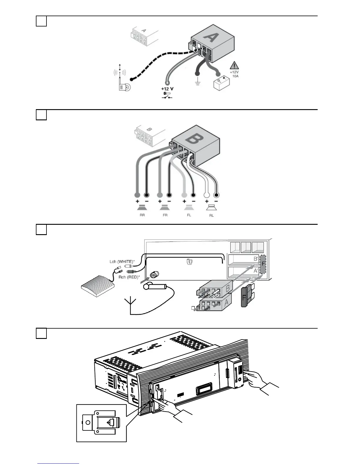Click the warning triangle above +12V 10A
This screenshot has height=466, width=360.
point(234,65)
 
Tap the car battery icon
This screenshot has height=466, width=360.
point(221,83)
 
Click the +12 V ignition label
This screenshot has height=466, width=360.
point(167,89)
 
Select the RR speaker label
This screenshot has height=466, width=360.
point(142,215)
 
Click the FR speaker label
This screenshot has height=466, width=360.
point(165,215)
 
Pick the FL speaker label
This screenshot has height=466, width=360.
point(189,215)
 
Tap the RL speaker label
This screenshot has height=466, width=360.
point(211,215)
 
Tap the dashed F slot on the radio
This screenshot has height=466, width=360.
point(263,264)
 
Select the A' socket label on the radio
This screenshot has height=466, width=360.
point(256,271)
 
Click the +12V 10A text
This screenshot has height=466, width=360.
point(234,74)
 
